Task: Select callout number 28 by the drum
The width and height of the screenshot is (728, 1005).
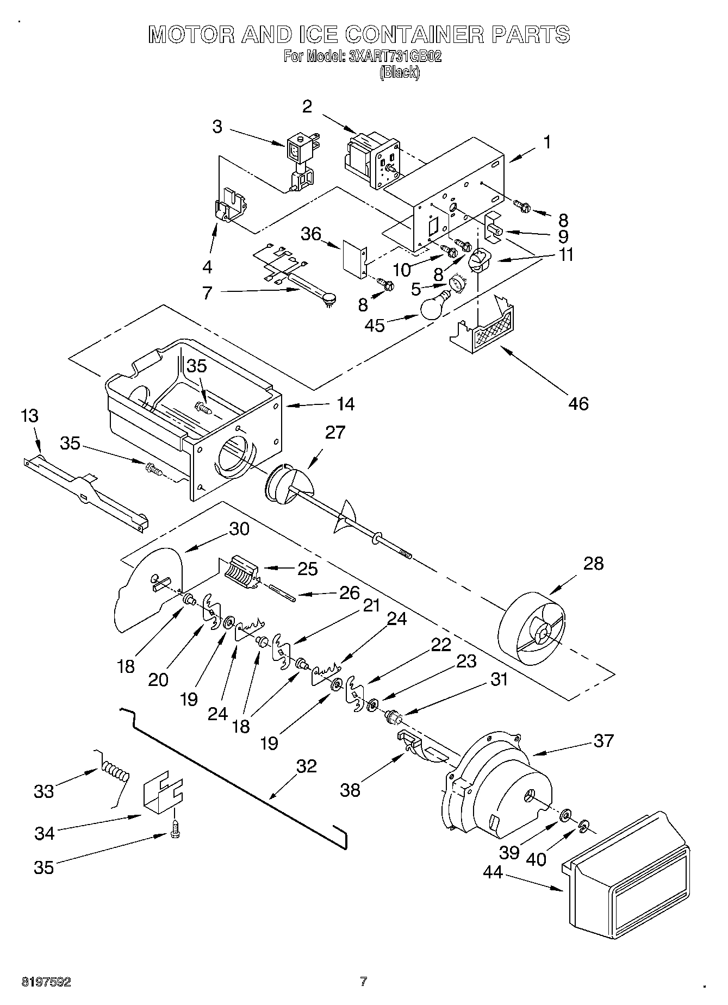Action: [593, 563]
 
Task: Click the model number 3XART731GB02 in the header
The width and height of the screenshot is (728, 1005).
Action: [394, 57]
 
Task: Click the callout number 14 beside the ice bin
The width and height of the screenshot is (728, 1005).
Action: [345, 404]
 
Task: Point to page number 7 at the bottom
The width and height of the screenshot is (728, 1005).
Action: [363, 981]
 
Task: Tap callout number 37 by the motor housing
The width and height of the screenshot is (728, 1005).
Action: [603, 740]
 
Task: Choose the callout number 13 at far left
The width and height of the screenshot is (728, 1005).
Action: [29, 416]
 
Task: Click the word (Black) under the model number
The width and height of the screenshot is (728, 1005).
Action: [400, 72]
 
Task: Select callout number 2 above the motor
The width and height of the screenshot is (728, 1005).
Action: [307, 106]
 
